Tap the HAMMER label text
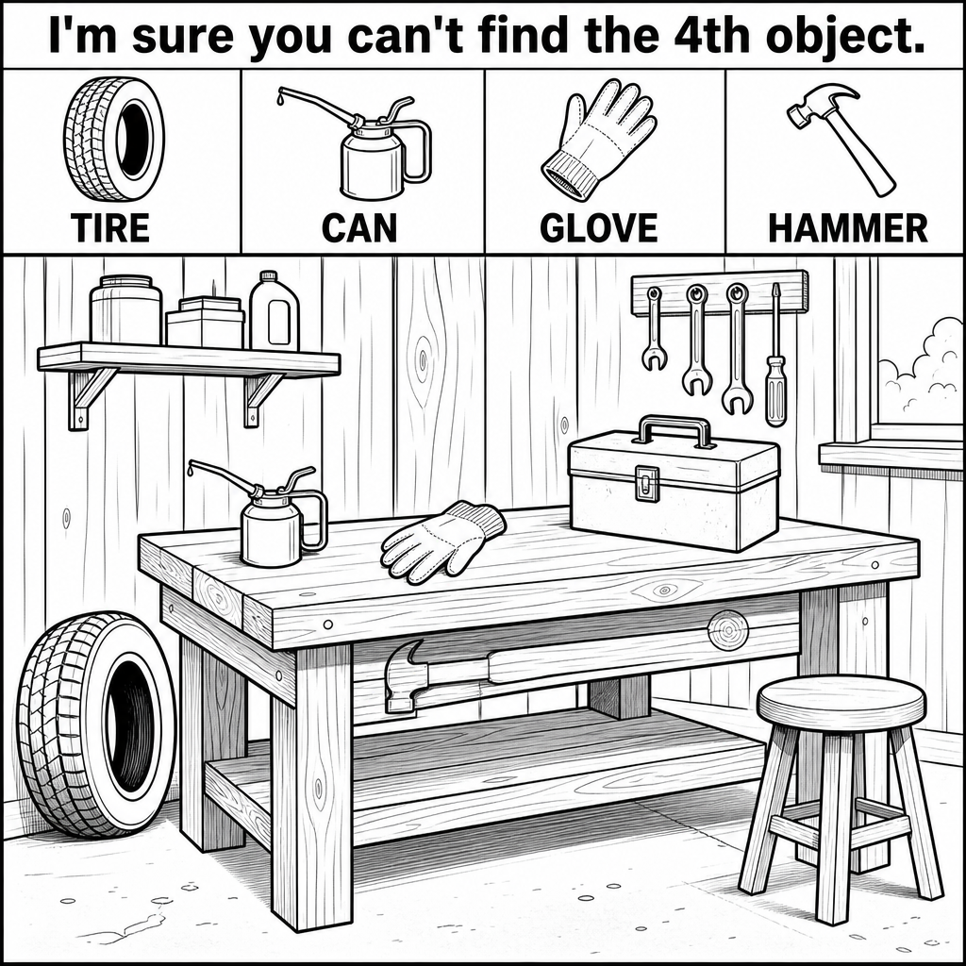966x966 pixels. click(x=848, y=228)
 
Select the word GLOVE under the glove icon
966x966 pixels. click(x=599, y=227)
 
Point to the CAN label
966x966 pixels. click(x=359, y=227)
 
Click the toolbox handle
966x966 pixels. click(x=675, y=430)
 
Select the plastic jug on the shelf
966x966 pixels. click(x=275, y=311)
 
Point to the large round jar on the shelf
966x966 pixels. click(x=125, y=309)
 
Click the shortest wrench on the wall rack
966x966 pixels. click(x=654, y=329)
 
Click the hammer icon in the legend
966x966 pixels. click(x=841, y=140)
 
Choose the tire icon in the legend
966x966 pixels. click(x=114, y=140)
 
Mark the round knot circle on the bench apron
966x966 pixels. click(x=727, y=630)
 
